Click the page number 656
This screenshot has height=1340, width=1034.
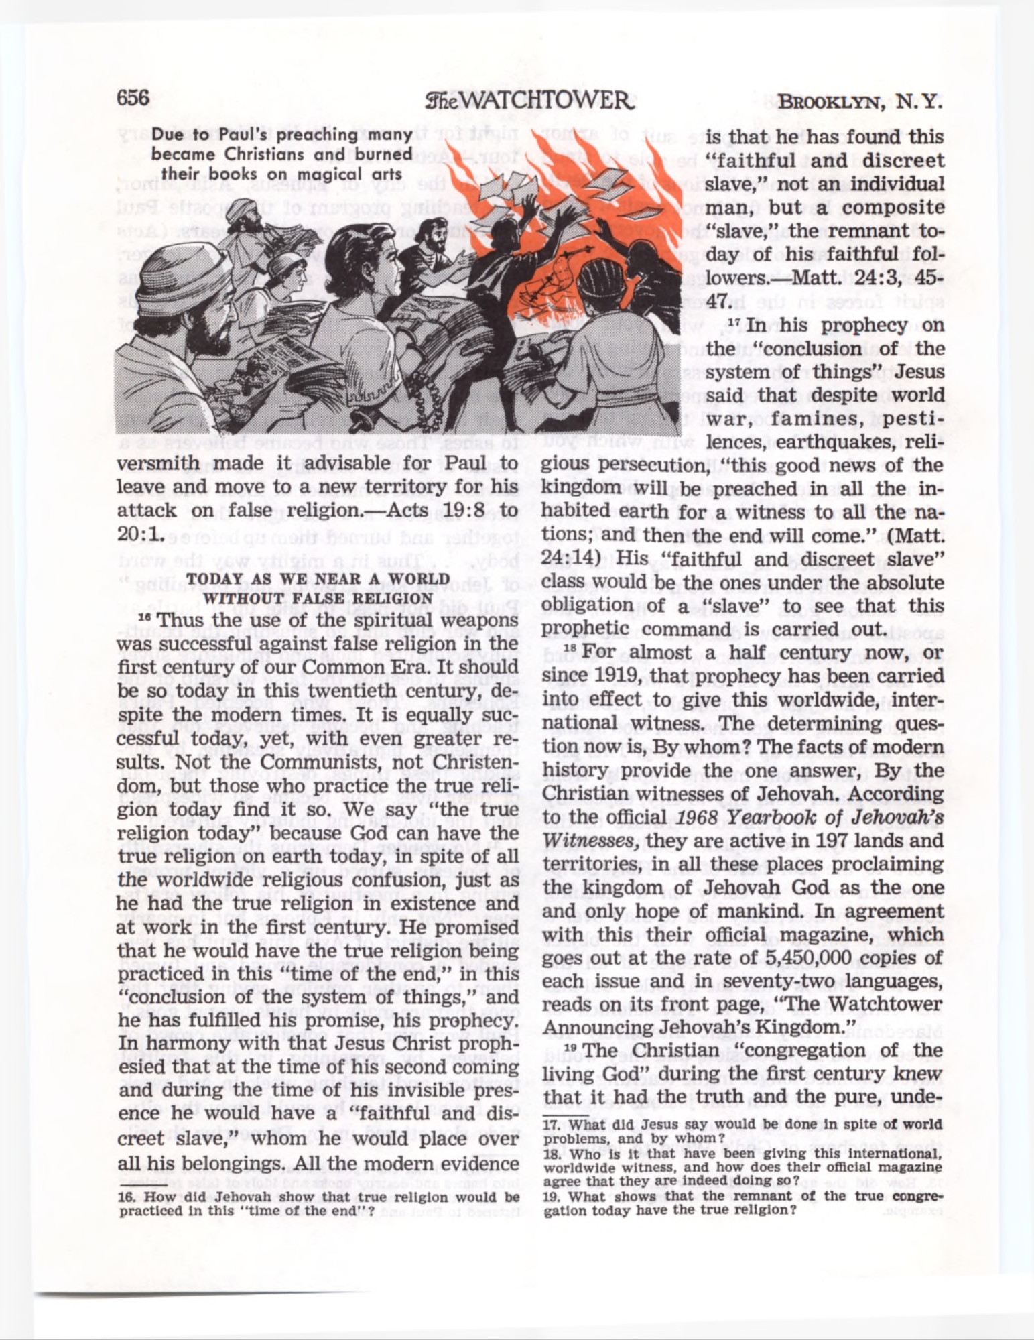[133, 98]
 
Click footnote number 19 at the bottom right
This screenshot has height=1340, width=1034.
[551, 1197]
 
